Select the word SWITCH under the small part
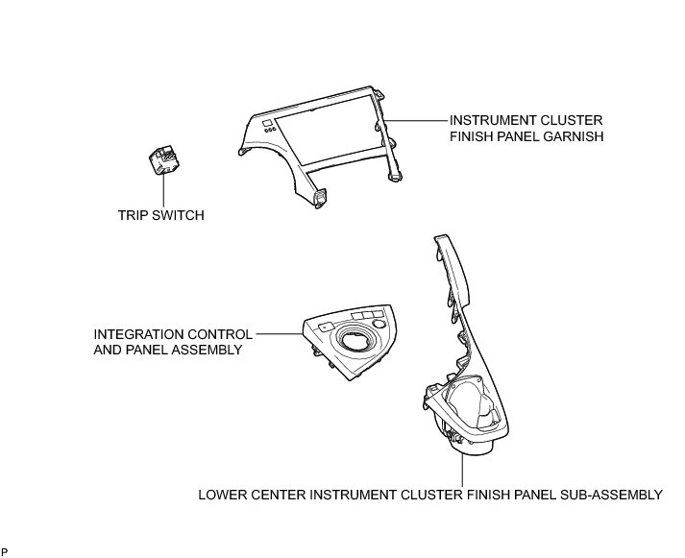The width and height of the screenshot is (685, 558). pos(179,216)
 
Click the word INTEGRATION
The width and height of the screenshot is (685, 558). pos(136,334)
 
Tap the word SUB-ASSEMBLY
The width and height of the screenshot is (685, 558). pos(612,496)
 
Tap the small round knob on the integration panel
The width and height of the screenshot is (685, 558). pos(381,325)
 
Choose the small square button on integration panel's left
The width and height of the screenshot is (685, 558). pos(326,328)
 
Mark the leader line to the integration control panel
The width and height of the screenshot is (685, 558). pos(279,334)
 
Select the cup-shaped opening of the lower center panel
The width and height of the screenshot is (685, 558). pos(473,403)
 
